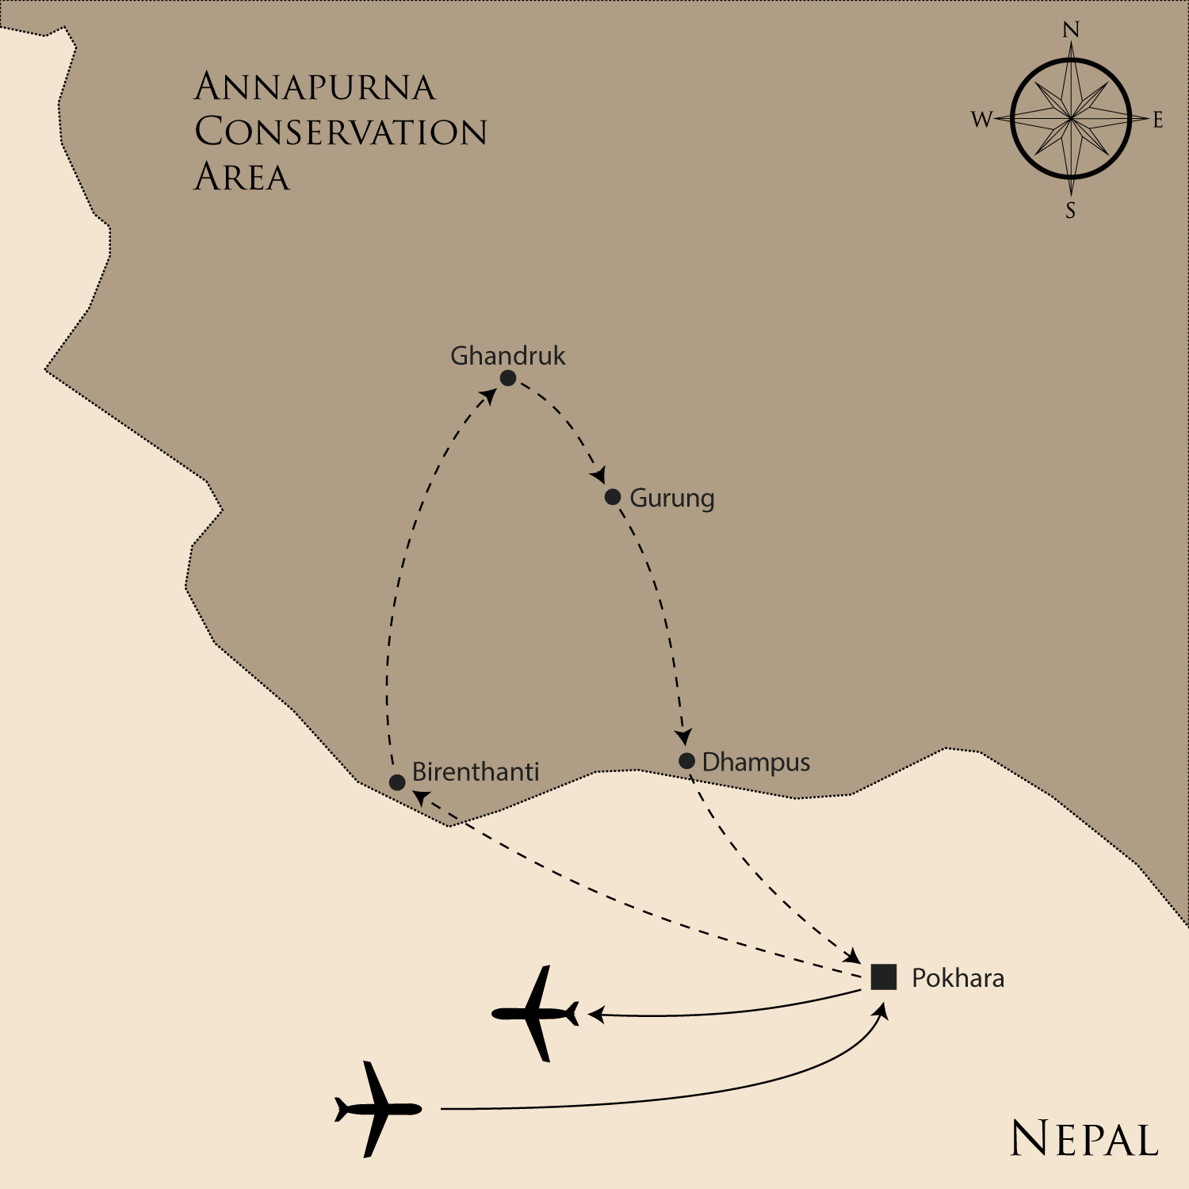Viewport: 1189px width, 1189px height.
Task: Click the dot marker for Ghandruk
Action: tap(508, 378)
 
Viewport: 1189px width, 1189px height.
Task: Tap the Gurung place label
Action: tap(671, 499)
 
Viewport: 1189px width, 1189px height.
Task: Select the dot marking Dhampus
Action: tap(686, 761)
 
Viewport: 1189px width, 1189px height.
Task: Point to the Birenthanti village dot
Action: tap(397, 782)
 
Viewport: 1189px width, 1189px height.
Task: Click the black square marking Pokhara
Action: tap(883, 977)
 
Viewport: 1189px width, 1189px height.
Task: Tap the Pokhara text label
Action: tap(958, 978)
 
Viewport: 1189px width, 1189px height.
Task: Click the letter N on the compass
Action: tap(1071, 30)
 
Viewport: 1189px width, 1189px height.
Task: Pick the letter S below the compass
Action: tap(1070, 210)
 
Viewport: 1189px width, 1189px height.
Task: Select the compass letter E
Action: tap(1158, 120)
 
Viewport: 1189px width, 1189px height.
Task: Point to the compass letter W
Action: tap(981, 120)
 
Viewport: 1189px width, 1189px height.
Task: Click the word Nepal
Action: tap(1084, 1140)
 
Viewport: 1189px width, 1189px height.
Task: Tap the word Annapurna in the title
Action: tap(315, 87)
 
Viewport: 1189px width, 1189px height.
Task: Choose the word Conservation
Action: tap(341, 132)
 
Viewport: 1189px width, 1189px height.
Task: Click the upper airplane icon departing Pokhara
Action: tap(536, 1013)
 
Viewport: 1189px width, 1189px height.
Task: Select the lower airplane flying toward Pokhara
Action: tap(377, 1109)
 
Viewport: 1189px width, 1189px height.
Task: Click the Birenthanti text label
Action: tap(476, 772)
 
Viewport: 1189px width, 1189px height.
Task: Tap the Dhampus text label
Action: tap(756, 763)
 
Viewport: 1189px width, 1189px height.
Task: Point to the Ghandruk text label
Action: tap(507, 356)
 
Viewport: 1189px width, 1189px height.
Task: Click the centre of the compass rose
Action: tap(1071, 119)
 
